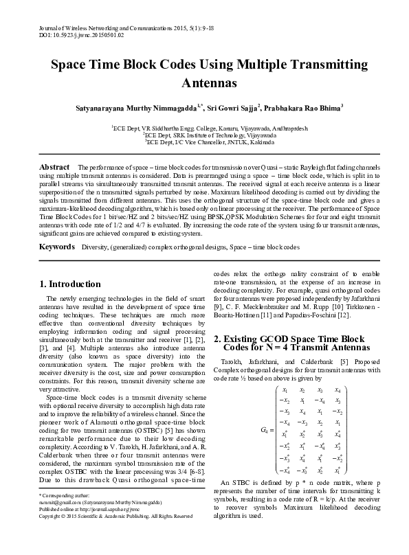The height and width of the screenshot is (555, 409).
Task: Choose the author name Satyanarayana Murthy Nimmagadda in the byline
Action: point(131,109)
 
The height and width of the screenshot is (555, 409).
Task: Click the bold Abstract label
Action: point(54,168)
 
